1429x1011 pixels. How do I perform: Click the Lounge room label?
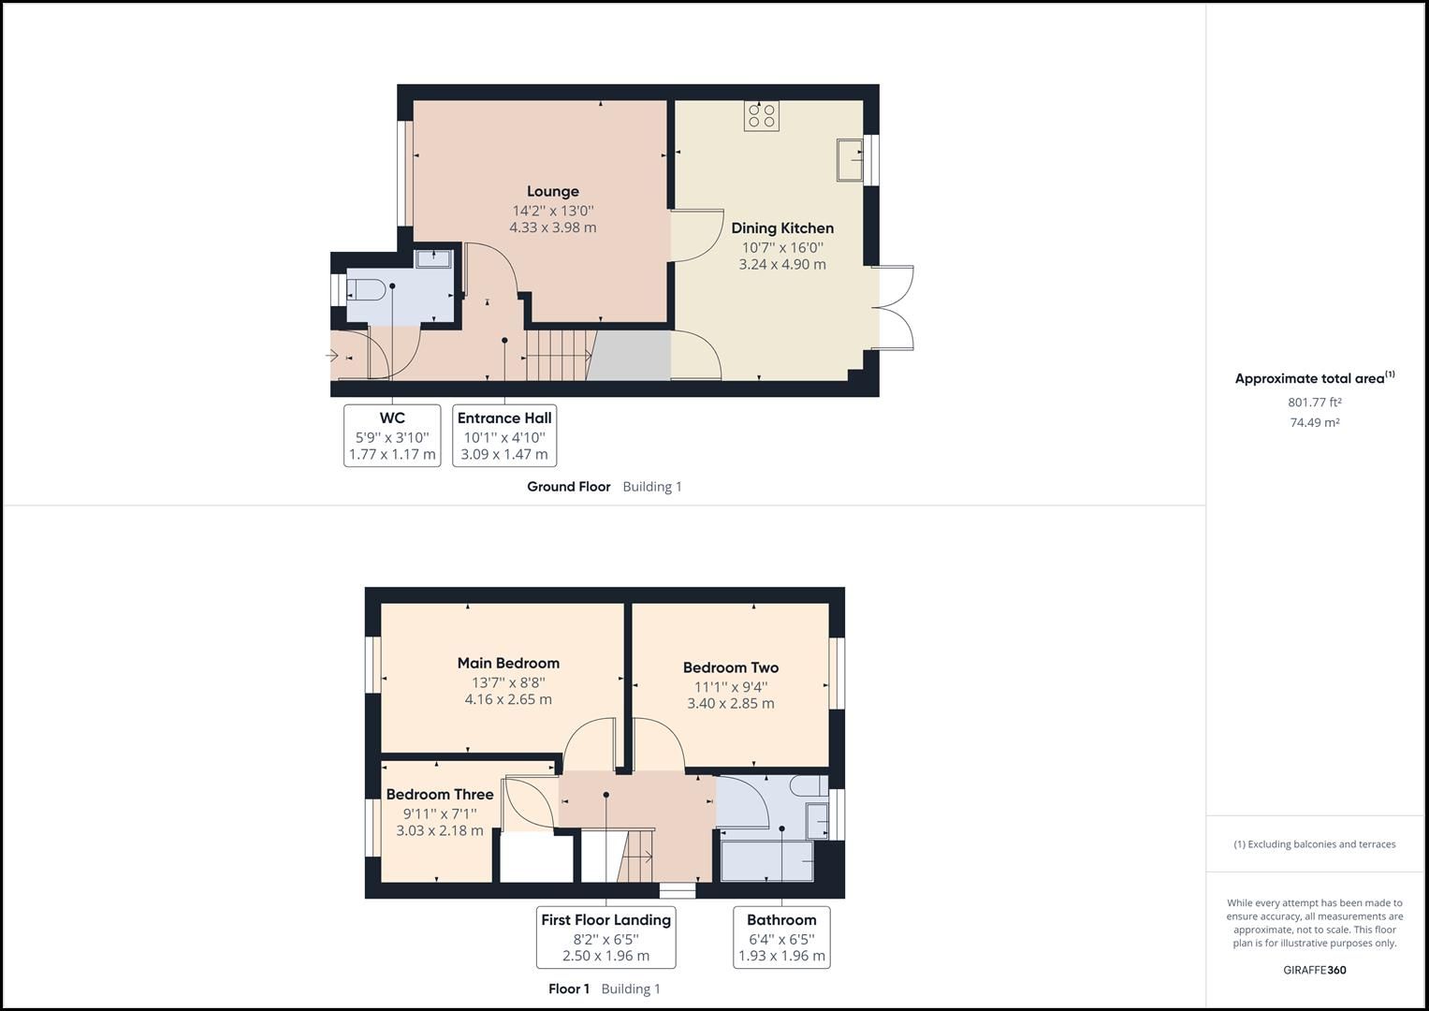point(552,192)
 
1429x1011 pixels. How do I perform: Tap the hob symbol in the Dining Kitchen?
point(761,116)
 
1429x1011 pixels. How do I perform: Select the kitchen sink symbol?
point(850,159)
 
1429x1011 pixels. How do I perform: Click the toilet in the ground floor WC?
point(366,292)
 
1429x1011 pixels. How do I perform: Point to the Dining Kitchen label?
point(782,228)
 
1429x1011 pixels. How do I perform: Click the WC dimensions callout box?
point(392,436)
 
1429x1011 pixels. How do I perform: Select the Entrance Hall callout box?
point(504,436)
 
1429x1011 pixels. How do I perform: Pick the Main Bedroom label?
point(508,663)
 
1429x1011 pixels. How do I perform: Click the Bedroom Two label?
point(730,667)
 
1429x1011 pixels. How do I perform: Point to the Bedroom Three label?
point(439,795)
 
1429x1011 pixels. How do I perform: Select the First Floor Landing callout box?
point(605,937)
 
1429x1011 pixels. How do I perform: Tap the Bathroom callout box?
point(781,937)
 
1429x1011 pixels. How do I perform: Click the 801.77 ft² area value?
point(1314,403)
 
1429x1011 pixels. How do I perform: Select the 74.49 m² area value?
point(1314,423)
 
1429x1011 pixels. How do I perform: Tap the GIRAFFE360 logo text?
point(1314,970)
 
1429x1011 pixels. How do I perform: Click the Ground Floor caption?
point(568,487)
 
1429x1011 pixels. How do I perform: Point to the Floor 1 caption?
point(569,989)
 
